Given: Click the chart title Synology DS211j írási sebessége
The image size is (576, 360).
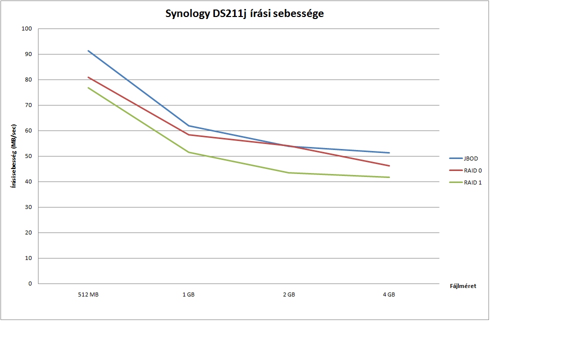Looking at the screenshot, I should (244, 14).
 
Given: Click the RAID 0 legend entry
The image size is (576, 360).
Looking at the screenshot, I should (472, 170).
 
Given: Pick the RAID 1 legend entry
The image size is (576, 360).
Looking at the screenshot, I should (472, 182).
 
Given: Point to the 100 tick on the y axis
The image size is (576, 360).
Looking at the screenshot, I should (27, 29).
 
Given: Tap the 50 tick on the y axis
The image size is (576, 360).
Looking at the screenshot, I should (28, 156).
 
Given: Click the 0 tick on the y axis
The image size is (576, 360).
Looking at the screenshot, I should (30, 283).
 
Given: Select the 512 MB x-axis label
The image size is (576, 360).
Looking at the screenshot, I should (88, 295).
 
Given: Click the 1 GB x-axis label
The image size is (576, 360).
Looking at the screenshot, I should (188, 295).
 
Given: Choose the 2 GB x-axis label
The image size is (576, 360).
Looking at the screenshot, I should (289, 295).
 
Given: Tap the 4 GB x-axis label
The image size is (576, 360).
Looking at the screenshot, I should (389, 295).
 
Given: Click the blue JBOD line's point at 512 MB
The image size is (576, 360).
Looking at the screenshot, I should (88, 50).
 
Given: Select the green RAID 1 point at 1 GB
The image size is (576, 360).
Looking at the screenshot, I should (188, 152).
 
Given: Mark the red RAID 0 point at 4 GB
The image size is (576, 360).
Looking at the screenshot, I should (389, 165).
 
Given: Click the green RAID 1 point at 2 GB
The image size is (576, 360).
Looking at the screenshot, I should (289, 172).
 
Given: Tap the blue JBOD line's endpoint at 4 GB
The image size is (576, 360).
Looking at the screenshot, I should (389, 152).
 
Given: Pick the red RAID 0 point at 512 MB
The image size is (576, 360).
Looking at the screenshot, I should (88, 77).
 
